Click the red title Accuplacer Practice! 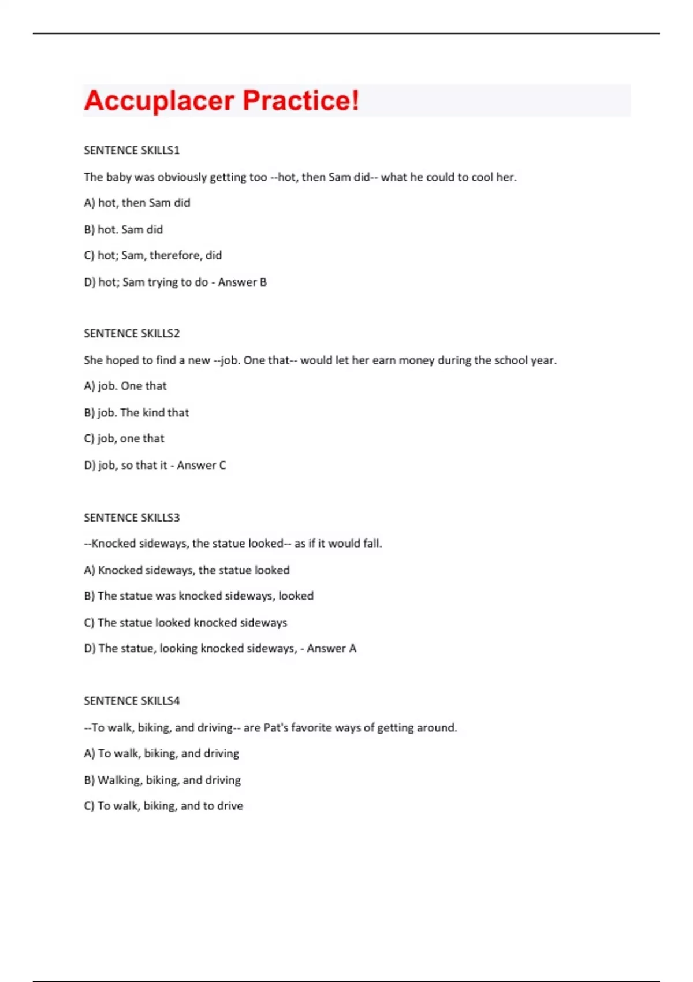pos(222,101)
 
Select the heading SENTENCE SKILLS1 pos(132,150)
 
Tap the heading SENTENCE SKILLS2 pos(132,333)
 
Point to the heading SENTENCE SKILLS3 pos(132,518)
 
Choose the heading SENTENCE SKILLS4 pos(132,701)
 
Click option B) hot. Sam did pos(124,229)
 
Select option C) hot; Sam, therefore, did pos(153,255)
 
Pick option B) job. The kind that pos(136,412)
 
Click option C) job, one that pos(124,438)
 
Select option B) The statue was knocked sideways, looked pos(199,596)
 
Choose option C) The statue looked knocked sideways pos(185,623)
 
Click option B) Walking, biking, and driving pos(162,780)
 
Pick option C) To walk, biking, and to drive pos(163,806)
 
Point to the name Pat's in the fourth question pos(275,728)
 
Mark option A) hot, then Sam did pos(137,203)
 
